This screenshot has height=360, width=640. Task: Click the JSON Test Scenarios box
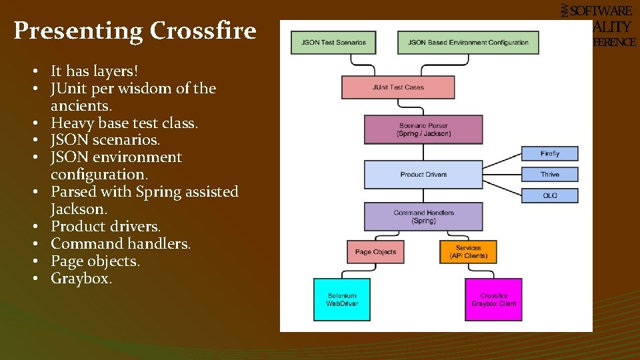point(333,43)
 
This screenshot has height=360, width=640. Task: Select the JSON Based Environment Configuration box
point(468,43)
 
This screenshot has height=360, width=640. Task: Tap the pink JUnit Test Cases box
point(398,87)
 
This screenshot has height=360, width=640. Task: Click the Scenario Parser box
point(423,129)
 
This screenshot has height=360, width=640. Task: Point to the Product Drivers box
point(423,175)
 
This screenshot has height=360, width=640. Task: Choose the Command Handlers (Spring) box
point(423,217)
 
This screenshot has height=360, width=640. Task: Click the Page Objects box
point(375,252)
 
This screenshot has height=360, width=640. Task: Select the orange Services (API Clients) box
point(468,252)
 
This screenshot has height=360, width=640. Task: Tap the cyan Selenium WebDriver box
point(342,299)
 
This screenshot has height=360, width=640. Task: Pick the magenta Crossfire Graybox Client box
point(493,299)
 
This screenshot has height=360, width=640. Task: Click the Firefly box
point(550,154)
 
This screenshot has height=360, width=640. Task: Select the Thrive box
point(550,175)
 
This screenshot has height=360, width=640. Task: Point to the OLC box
point(550,195)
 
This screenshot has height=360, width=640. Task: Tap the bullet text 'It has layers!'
point(94,71)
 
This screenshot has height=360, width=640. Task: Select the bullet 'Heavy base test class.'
point(125,123)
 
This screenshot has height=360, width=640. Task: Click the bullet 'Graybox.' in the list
point(81,278)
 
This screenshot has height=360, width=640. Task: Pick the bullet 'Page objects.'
point(95,261)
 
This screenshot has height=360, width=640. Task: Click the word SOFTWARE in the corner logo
point(601,11)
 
